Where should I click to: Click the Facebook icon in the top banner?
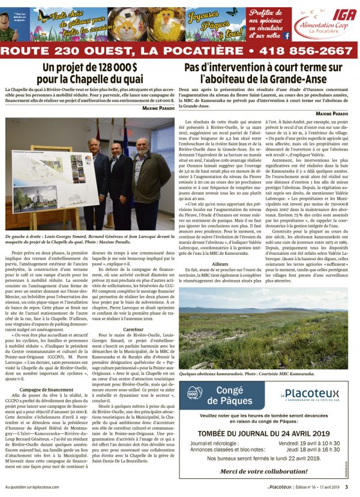286,36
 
